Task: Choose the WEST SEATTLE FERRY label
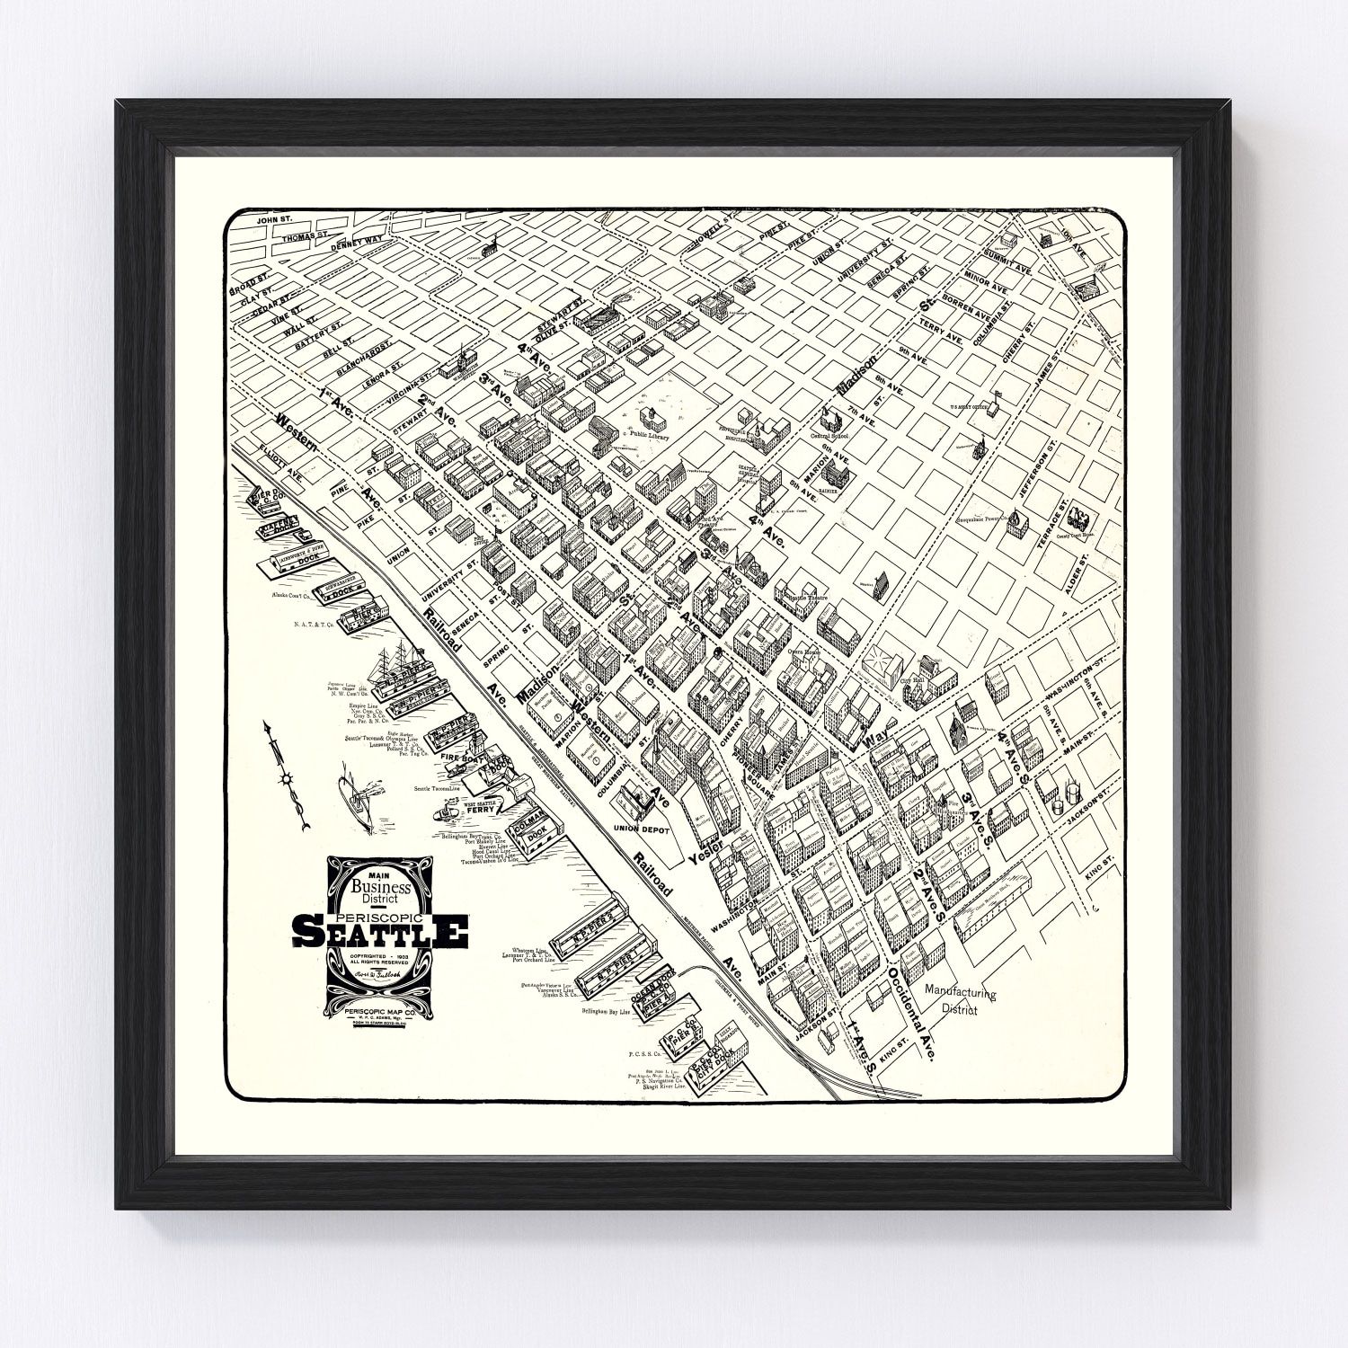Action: point(480,805)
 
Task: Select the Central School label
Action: point(831,440)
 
